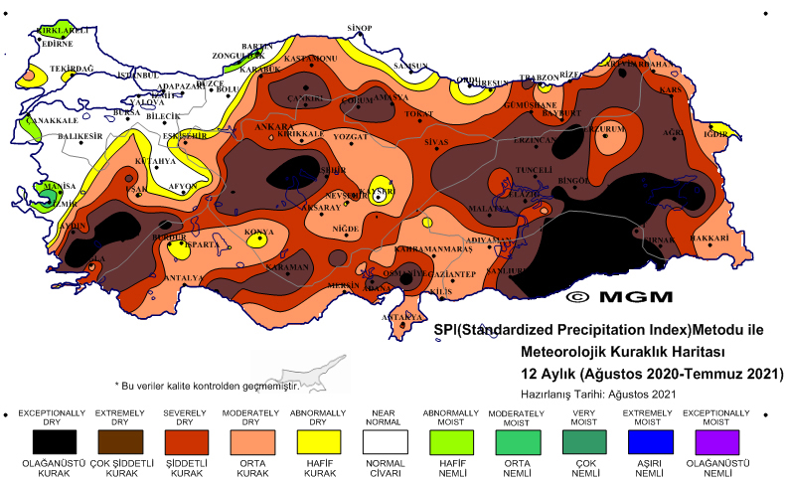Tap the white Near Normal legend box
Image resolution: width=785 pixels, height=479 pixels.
[385, 439]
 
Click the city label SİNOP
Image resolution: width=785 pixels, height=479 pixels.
[359, 28]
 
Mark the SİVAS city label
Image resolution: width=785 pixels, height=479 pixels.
[437, 143]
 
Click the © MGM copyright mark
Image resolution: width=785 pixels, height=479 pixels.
[619, 296]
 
